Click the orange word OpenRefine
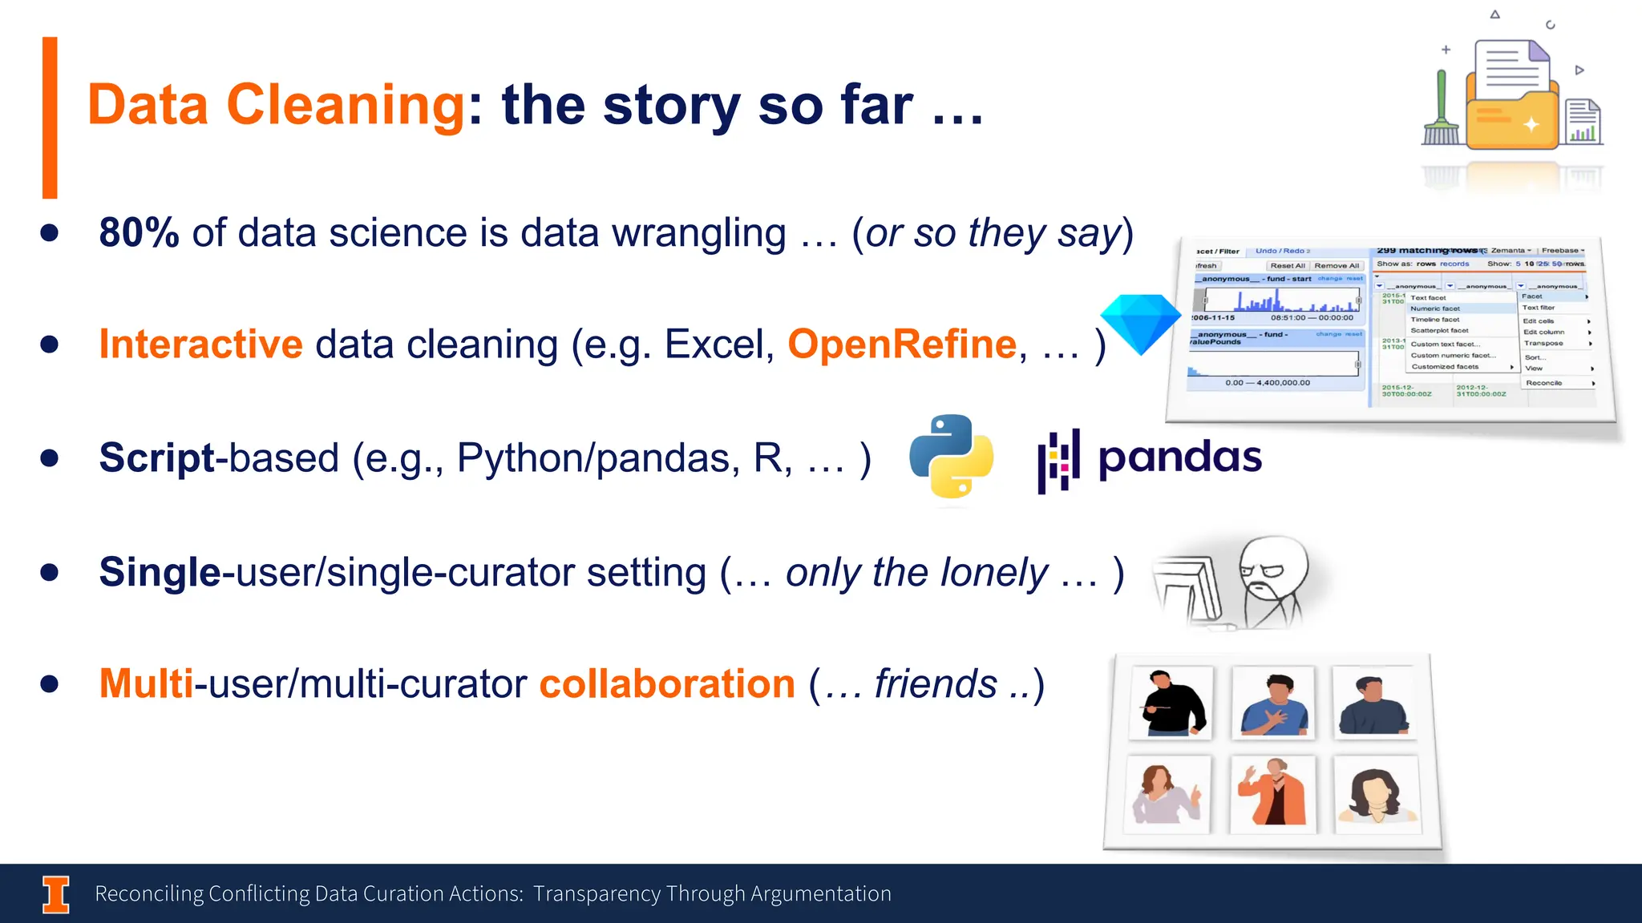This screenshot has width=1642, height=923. [902, 345]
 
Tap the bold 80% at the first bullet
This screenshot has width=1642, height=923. [139, 233]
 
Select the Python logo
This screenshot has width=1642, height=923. [952, 456]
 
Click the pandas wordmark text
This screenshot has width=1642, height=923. [1179, 457]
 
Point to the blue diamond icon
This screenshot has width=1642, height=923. [1140, 322]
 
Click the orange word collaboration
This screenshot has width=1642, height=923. [666, 684]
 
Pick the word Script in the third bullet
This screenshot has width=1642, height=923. [157, 458]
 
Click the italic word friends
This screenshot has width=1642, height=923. [935, 684]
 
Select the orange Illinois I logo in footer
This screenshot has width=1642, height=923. [56, 894]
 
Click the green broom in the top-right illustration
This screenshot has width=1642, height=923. [1441, 112]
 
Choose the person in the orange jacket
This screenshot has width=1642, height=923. [1273, 793]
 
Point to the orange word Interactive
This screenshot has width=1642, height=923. [200, 345]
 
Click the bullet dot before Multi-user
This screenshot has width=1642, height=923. [50, 683]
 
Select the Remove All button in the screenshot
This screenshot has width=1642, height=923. [1337, 266]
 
